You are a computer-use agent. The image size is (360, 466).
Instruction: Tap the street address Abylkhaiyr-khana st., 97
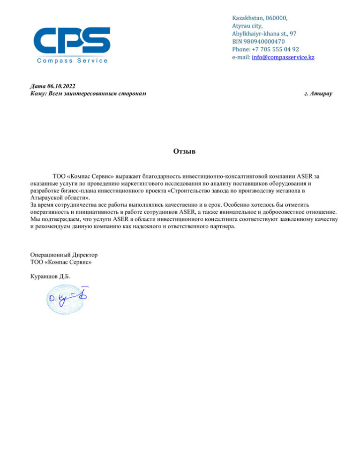pyautogui.click(x=263, y=34)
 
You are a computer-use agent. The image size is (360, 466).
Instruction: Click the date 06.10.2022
pyautogui.click(x=61, y=86)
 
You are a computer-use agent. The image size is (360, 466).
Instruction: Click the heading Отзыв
pyautogui.click(x=180, y=151)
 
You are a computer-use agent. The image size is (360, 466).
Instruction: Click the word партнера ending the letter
pyautogui.click(x=218, y=227)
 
